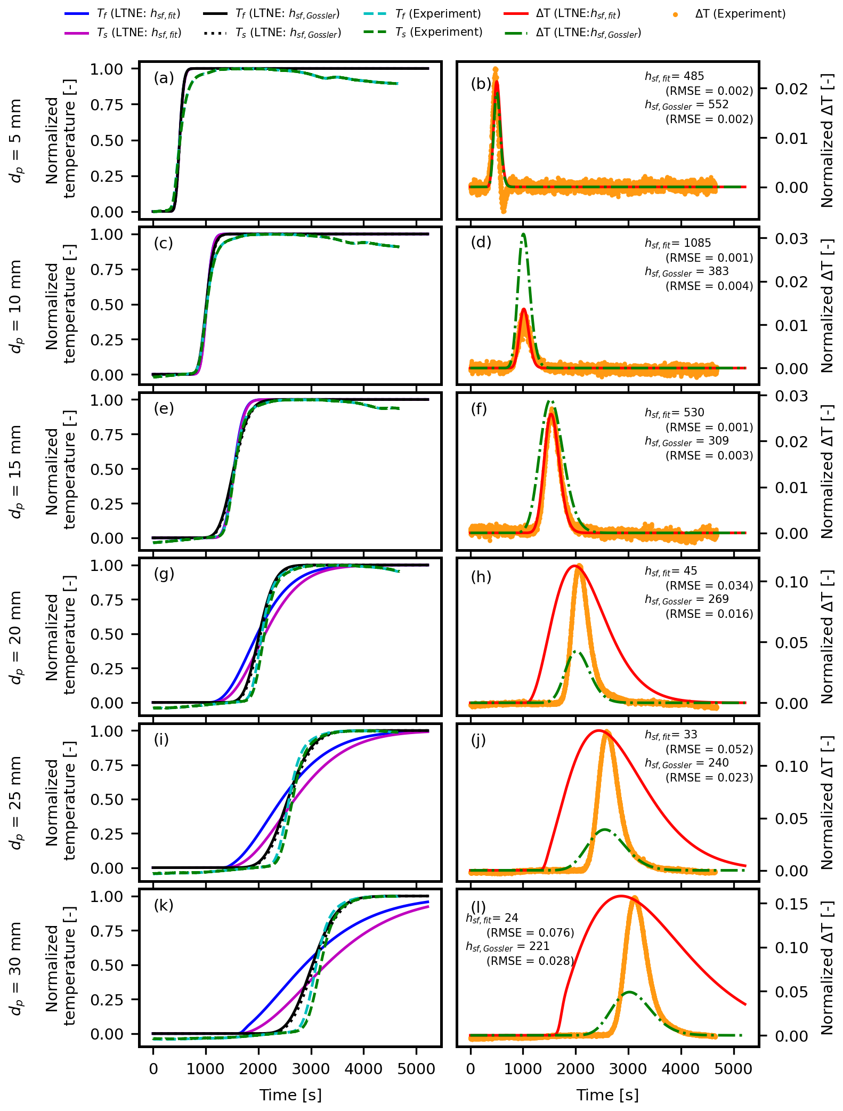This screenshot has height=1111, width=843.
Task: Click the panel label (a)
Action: [x=164, y=78]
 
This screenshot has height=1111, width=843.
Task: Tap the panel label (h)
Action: [x=481, y=577]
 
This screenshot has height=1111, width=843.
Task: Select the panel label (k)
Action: [x=164, y=905]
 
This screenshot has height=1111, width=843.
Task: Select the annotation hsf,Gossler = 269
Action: [x=686, y=599]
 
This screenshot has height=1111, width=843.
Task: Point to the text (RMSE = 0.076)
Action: [x=530, y=932]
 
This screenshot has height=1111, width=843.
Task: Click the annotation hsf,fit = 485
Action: [x=674, y=76]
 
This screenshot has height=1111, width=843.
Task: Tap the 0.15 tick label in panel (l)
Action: [x=791, y=904]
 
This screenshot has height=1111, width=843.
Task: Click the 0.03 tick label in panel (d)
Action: [x=791, y=239]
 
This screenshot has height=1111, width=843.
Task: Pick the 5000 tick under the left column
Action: [x=416, y=1069]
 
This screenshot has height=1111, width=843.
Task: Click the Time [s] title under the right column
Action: [x=607, y=1094]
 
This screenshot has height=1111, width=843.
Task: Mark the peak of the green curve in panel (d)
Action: [x=524, y=234]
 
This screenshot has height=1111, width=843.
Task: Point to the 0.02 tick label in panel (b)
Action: [x=791, y=89]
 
